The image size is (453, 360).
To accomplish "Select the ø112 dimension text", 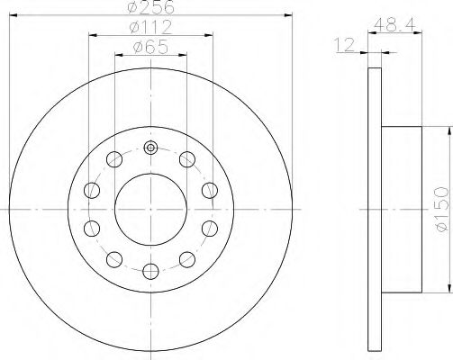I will point(150,27).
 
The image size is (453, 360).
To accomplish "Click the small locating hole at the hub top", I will point(150,148).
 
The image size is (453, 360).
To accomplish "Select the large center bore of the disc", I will point(150,208).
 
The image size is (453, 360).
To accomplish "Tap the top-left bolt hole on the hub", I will point(113,160).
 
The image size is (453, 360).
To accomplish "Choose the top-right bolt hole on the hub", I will point(187,160).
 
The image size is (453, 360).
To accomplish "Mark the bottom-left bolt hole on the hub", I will point(113,259).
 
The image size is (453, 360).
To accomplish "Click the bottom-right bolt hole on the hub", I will point(187,259).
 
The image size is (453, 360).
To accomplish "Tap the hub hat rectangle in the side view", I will point(402,208).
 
